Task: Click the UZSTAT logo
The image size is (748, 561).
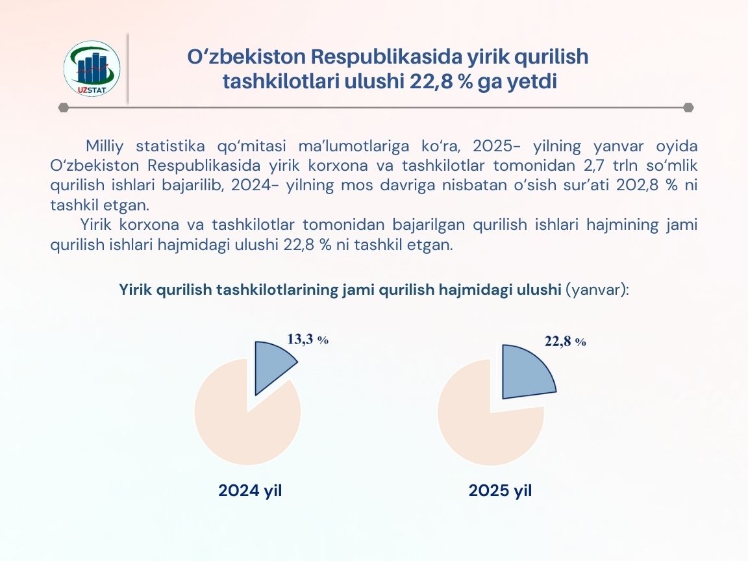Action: [92, 68]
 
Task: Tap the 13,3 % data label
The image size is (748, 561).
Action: [308, 339]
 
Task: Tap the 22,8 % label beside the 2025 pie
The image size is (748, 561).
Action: [566, 342]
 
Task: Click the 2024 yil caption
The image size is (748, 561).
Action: [250, 490]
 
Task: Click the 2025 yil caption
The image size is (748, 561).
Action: [500, 490]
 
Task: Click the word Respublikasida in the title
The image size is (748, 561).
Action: [387, 56]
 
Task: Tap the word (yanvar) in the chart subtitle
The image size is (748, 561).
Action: [597, 290]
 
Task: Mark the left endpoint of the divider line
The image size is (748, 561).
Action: [63, 108]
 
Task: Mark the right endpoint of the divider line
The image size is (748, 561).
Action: [688, 108]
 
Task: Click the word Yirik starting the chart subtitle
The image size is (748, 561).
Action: [135, 290]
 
